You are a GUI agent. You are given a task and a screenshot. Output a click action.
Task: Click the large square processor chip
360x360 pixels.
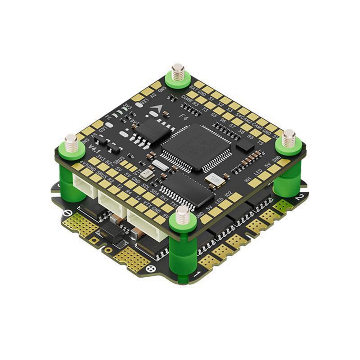pyautogui.click(x=196, y=147)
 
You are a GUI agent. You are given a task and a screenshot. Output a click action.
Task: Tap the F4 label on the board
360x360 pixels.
pyautogui.click(x=184, y=118)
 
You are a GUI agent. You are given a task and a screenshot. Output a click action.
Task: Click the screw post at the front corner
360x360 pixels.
pyautogui.click(x=183, y=216)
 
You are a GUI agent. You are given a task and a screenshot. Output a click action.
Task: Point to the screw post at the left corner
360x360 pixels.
pyautogui.click(x=71, y=144)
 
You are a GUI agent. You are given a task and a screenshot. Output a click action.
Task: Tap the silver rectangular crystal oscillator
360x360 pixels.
pyautogui.click(x=160, y=165)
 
